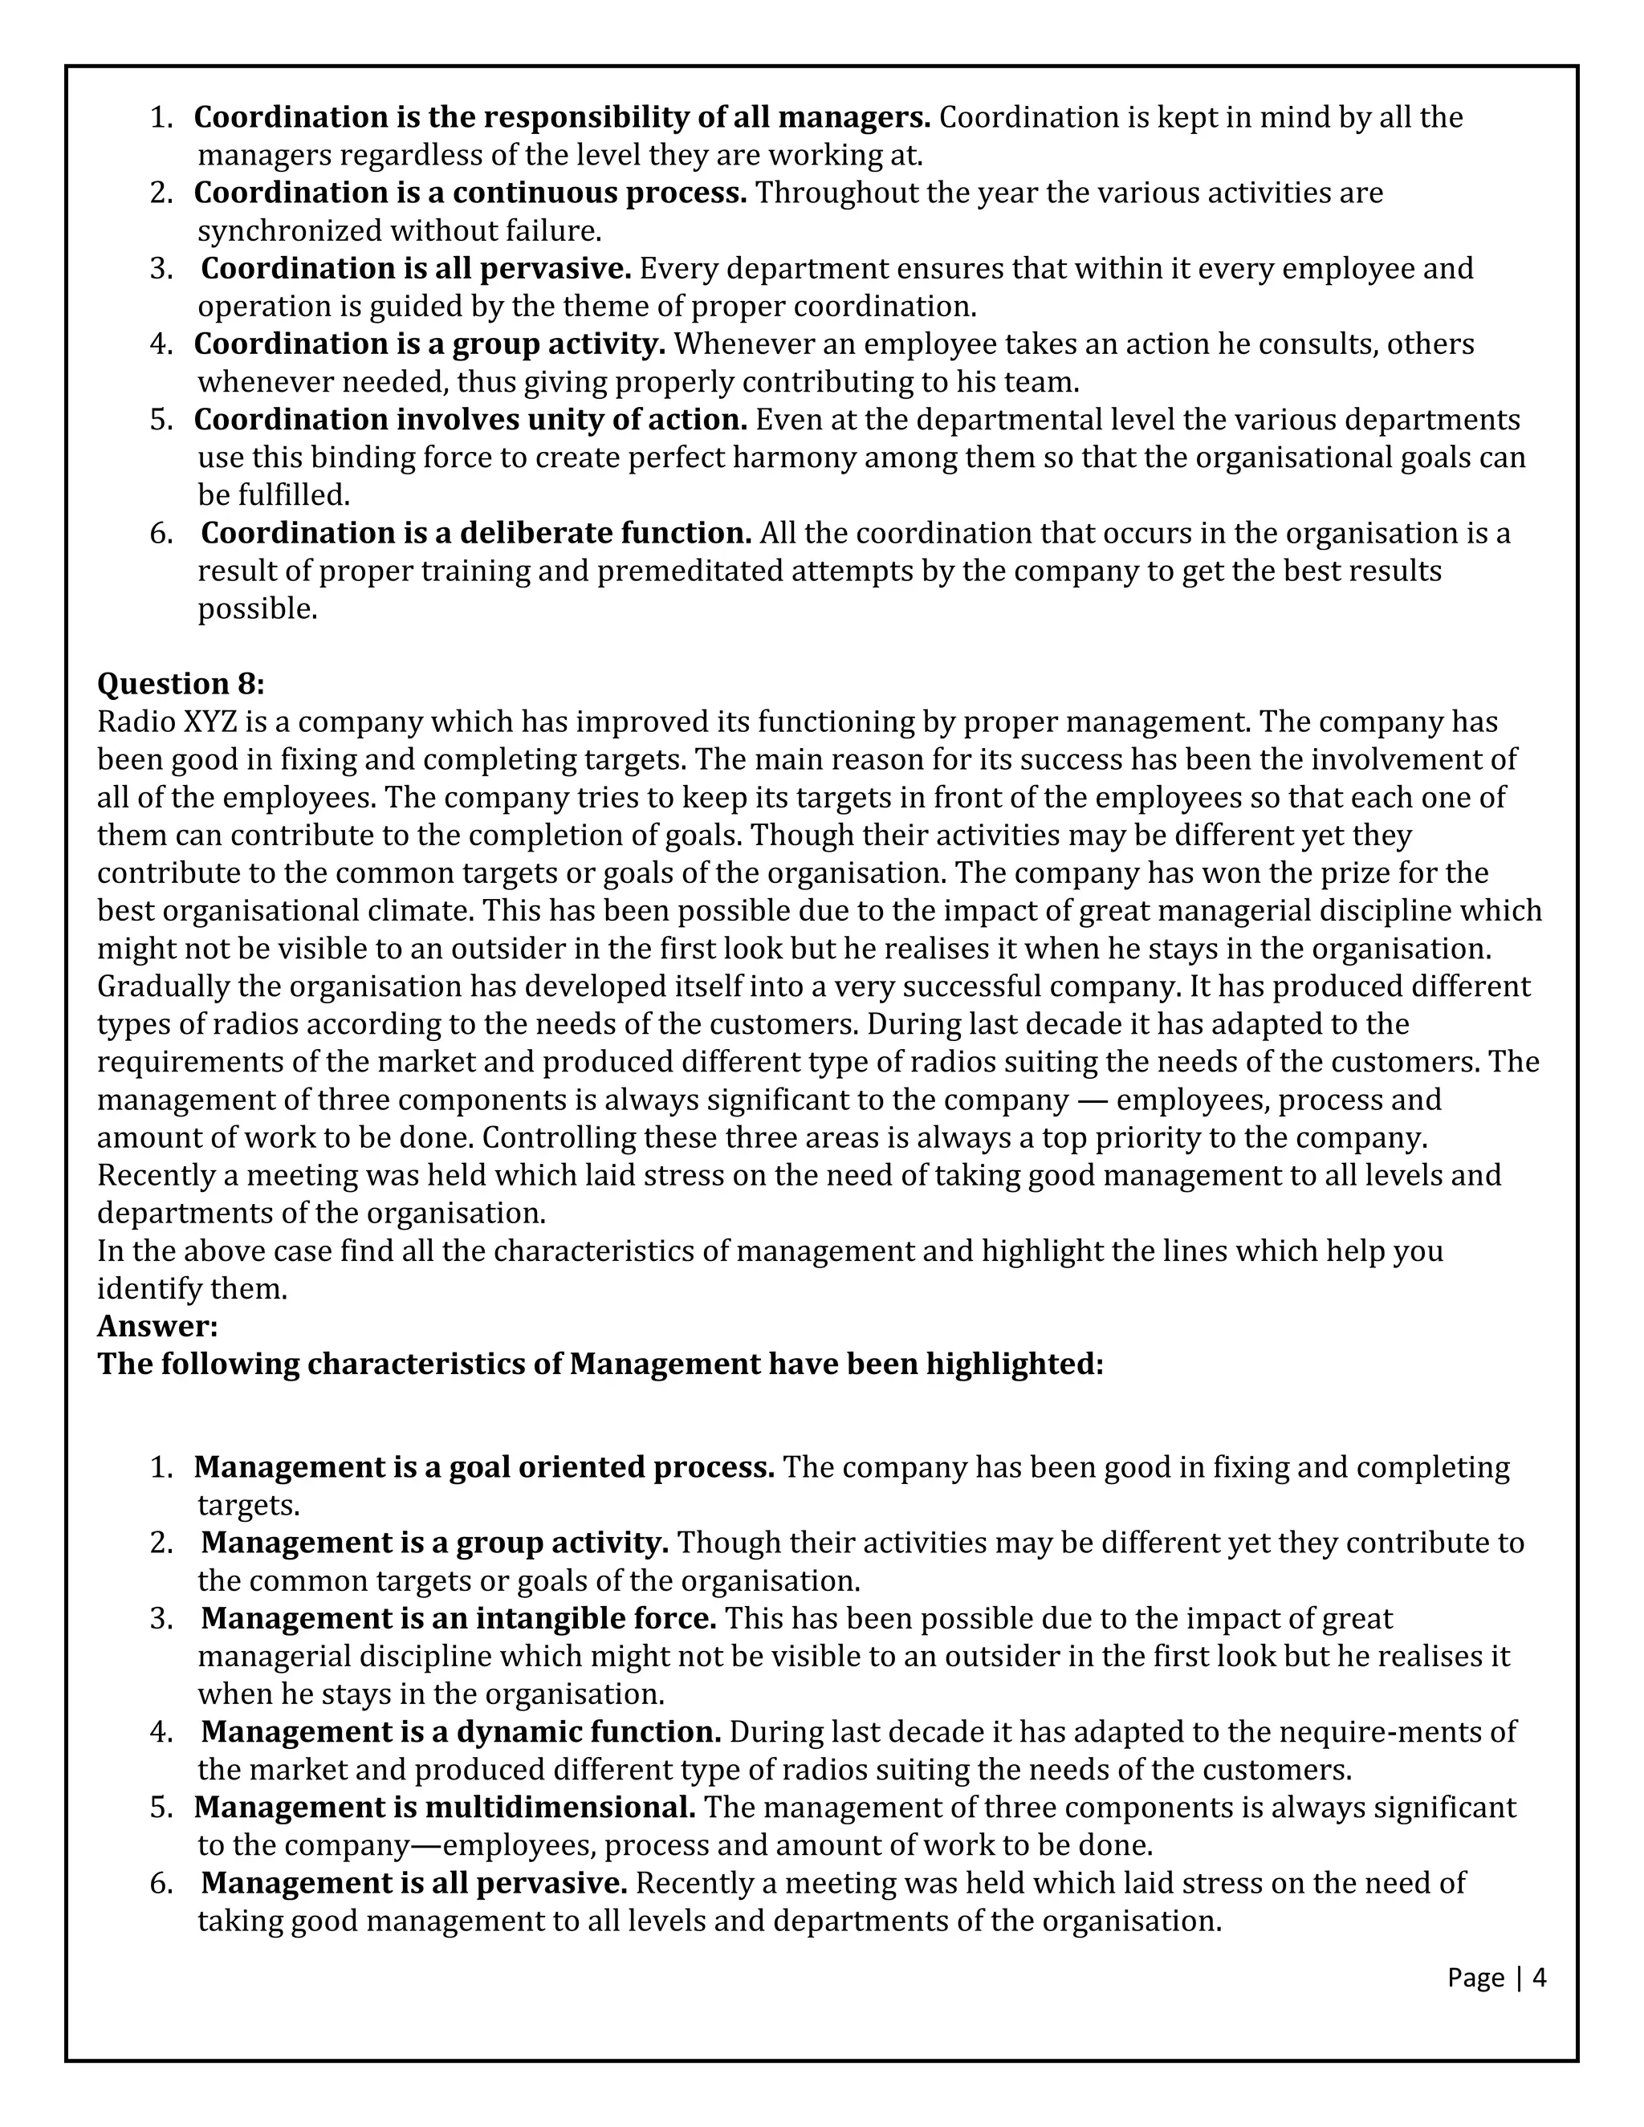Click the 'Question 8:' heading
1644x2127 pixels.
[x=180, y=684]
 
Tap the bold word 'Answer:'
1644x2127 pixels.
[x=157, y=1325]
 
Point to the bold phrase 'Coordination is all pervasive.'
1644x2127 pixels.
[x=416, y=268]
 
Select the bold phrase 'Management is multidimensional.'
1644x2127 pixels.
[x=445, y=1807]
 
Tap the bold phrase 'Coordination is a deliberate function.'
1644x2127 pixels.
[x=475, y=533]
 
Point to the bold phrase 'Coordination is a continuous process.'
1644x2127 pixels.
[x=470, y=193]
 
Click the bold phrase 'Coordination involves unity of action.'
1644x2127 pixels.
[x=470, y=420]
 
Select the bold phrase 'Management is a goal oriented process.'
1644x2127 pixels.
[x=483, y=1466]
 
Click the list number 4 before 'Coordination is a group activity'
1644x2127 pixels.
[x=160, y=344]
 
